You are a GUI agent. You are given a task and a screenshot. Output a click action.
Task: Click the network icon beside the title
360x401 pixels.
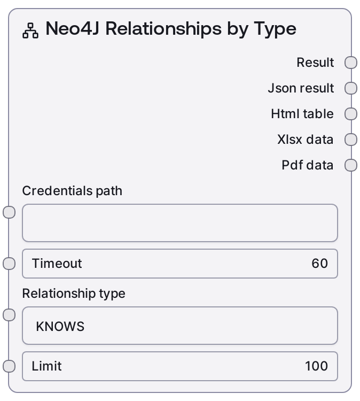click(x=30, y=30)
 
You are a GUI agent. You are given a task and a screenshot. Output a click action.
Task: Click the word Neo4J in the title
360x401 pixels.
click(x=72, y=28)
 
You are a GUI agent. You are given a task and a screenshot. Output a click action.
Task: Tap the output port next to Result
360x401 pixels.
click(x=351, y=63)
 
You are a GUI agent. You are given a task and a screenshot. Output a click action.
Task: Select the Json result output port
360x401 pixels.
click(x=351, y=88)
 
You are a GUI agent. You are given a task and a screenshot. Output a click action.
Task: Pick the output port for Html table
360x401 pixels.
click(x=351, y=114)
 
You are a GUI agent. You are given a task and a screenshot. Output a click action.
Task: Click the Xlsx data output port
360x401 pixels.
click(x=351, y=140)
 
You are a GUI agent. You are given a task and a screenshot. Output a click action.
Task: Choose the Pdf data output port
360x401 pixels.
click(x=351, y=165)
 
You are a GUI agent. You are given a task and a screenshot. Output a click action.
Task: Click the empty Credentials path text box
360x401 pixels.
click(x=180, y=223)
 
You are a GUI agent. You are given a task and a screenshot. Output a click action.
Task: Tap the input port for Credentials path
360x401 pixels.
click(x=9, y=212)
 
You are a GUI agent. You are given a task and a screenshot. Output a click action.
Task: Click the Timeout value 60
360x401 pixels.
click(x=319, y=264)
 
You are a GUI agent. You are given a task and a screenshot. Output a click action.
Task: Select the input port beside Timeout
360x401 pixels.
click(x=9, y=264)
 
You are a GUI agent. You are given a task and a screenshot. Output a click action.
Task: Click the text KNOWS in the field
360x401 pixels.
click(x=60, y=326)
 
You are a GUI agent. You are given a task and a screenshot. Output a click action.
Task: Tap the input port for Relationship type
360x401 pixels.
click(x=9, y=315)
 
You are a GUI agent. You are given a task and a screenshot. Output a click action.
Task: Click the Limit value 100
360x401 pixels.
click(x=316, y=366)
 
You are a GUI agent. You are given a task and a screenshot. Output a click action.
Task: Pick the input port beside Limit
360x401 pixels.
click(x=9, y=366)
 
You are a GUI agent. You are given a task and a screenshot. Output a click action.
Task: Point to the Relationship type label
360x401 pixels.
click(x=74, y=294)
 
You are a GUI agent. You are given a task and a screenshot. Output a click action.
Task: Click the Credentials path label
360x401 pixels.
click(x=72, y=191)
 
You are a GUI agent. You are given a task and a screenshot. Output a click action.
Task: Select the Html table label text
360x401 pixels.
click(x=302, y=114)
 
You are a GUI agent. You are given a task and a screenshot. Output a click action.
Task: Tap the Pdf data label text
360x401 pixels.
click(x=307, y=165)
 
